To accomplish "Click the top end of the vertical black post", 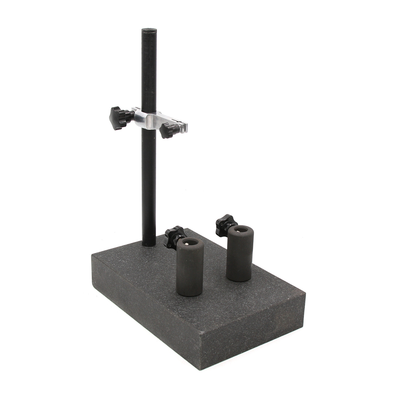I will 149,30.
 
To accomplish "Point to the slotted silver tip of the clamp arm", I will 183,127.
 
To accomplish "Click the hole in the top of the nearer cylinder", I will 190,242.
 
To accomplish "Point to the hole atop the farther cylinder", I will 241,229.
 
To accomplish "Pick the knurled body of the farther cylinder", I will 240,255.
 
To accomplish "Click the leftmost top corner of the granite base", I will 93,255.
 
